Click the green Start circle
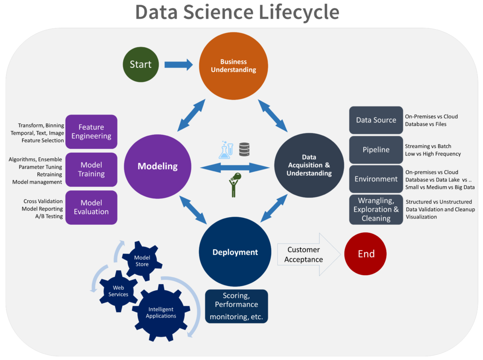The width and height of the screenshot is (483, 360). [141, 64]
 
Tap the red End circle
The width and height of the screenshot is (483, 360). [366, 254]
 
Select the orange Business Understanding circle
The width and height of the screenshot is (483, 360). [233, 66]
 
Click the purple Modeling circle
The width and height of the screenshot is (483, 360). [158, 166]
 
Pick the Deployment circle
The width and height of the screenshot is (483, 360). [235, 252]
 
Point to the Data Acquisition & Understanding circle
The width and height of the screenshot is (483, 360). [309, 165]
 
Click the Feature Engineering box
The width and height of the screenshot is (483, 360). [92, 131]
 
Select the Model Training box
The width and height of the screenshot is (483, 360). [92, 170]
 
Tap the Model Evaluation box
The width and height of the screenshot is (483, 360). [92, 207]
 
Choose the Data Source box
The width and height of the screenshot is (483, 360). [376, 120]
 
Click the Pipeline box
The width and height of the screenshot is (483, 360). [376, 150]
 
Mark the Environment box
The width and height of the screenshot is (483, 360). [376, 179]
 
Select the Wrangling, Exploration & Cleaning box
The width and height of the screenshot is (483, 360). [376, 210]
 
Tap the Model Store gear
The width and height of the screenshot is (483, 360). [142, 261]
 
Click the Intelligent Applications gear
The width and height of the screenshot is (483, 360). [161, 312]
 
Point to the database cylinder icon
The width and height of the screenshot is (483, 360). [244, 149]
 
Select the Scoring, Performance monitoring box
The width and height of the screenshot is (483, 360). [236, 306]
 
